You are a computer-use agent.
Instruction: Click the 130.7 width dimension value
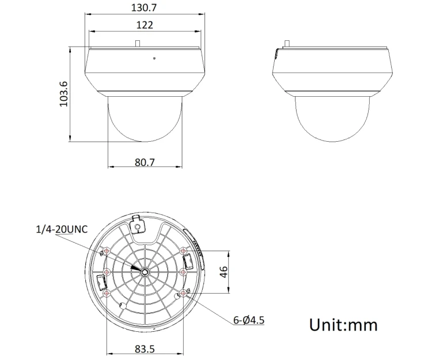145,7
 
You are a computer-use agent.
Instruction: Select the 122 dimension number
145,25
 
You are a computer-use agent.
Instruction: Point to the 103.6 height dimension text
64,93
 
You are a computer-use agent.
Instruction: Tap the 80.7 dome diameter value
145,162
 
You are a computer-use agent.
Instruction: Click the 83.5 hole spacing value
145,348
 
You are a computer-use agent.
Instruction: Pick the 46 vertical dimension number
225,272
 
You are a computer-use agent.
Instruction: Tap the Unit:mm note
344,324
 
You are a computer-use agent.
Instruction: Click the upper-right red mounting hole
183,251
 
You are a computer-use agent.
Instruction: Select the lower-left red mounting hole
107,293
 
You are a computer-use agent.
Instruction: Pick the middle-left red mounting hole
107,272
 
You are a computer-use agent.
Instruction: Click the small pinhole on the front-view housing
154,58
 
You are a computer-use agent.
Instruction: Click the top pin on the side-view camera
286,43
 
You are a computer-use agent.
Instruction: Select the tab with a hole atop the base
138,224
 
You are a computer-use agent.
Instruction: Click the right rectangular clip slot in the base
186,264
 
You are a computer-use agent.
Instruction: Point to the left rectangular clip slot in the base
103,282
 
